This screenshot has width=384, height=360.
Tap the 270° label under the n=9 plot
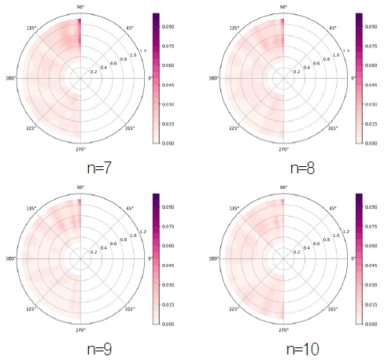(x=82, y=328)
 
